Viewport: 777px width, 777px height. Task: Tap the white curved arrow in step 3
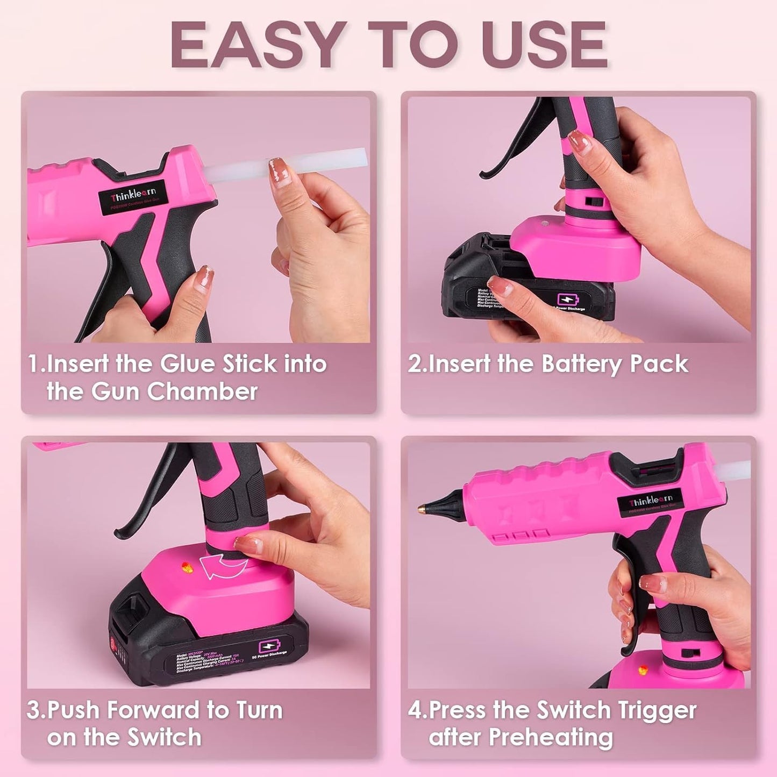point(222,566)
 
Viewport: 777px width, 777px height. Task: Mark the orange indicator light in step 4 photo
point(641,671)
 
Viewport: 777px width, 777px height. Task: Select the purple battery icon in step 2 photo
point(566,300)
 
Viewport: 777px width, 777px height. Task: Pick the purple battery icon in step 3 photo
point(268,646)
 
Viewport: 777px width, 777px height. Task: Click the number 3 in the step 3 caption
point(33,710)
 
